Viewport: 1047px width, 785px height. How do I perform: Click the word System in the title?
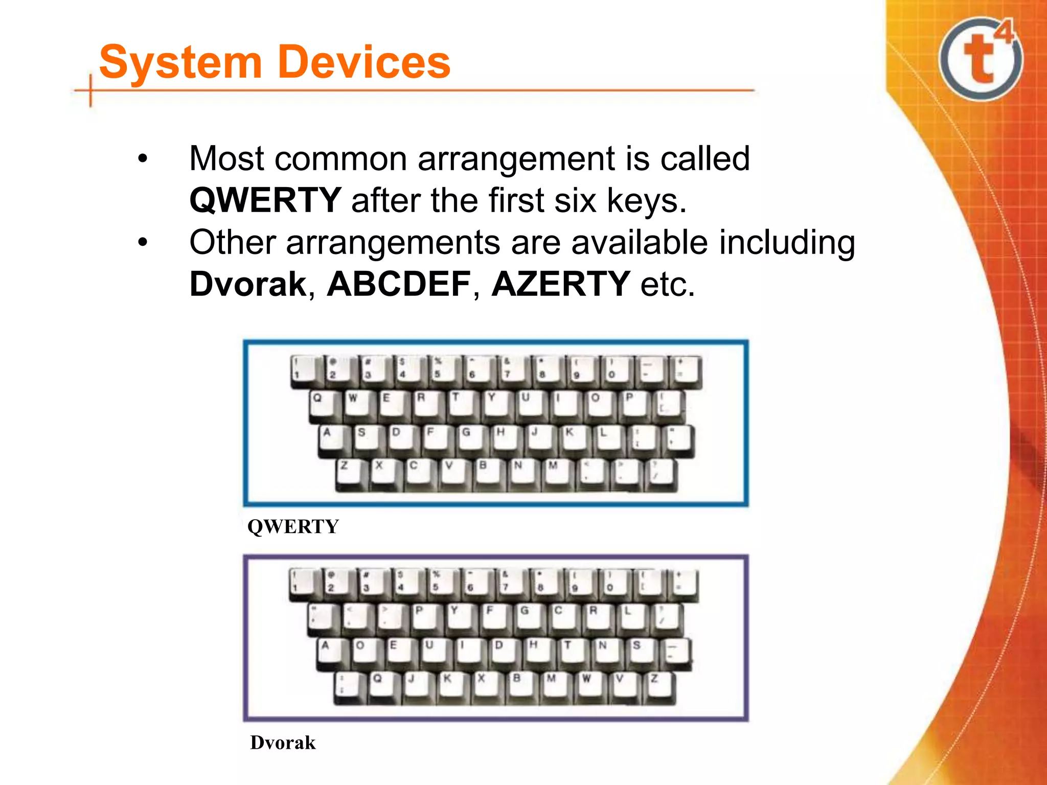180,62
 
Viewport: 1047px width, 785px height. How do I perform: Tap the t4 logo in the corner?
980,59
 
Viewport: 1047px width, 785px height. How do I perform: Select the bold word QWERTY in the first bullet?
265,200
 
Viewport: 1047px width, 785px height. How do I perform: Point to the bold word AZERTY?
561,284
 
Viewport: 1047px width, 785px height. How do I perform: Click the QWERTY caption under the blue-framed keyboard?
293,526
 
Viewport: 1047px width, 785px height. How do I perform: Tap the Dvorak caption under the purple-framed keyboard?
283,743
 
